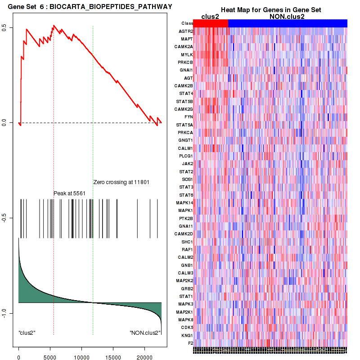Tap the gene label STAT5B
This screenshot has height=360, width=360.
tap(185, 101)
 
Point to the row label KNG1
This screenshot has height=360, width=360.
tap(187, 335)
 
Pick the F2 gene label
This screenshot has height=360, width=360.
tap(190, 343)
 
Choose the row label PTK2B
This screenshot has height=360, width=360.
tap(186, 218)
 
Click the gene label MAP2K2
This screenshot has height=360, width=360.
tap(184, 280)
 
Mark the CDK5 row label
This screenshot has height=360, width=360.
tap(187, 327)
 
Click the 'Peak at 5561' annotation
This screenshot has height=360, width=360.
tap(69, 193)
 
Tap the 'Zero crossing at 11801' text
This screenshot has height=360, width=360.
tap(121, 182)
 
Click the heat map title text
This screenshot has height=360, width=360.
tap(270, 10)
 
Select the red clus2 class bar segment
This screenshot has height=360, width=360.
tap(211, 23)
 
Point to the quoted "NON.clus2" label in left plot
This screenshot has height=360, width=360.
tap(144, 333)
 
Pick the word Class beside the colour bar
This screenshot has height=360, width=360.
tap(187, 23)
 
